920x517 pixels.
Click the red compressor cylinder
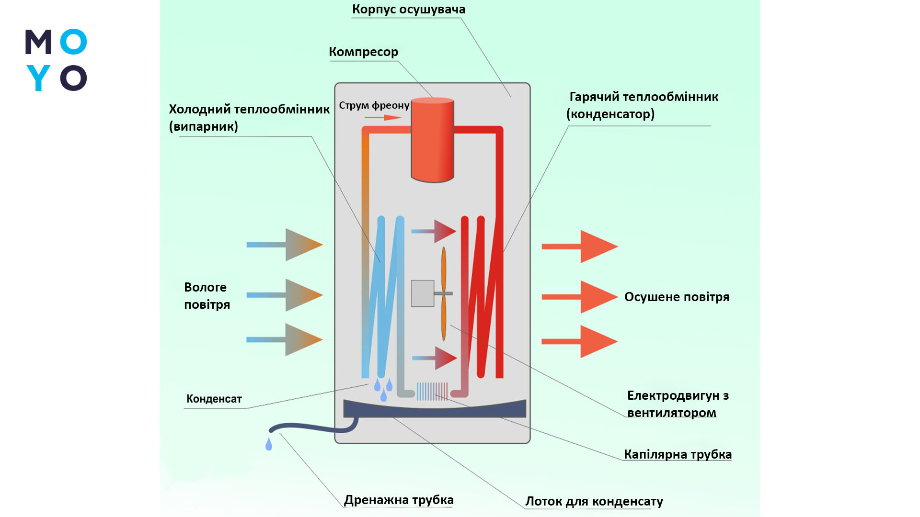(432, 140)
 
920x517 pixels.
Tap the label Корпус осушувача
(408, 10)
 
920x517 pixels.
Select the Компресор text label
(363, 52)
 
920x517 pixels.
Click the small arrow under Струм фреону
(383, 117)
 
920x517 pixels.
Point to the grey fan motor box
(422, 293)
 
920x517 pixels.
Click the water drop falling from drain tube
(269, 444)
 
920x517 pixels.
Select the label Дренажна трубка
(399, 500)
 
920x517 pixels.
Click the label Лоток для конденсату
(594, 501)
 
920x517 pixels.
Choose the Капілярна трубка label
(678, 454)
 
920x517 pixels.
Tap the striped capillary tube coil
(432, 391)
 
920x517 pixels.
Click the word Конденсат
(214, 399)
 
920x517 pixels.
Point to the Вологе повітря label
(207, 296)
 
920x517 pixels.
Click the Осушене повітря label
(677, 297)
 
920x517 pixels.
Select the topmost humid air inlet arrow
(285, 245)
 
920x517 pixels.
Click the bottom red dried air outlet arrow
(580, 341)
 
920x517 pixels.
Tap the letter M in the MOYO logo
(38, 42)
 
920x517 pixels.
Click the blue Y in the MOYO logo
(38, 78)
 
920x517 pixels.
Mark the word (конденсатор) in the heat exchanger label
(610, 114)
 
